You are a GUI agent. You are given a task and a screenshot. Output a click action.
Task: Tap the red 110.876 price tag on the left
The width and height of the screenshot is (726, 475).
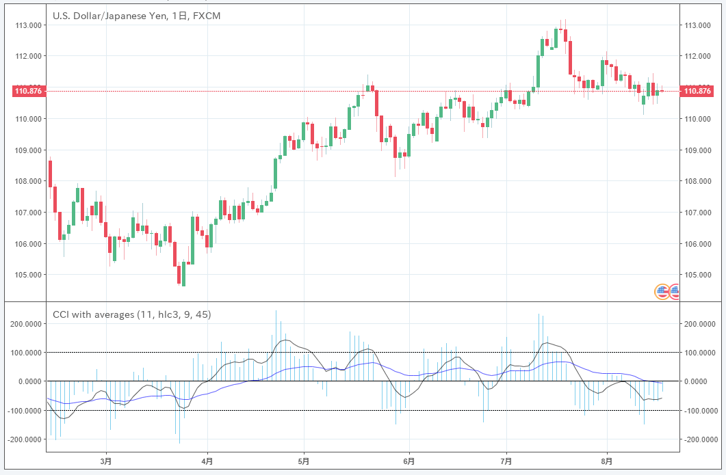click(x=28, y=91)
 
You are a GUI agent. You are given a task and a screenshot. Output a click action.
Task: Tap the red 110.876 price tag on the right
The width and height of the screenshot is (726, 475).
click(x=697, y=91)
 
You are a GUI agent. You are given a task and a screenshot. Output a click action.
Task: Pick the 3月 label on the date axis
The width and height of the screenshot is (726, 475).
click(x=105, y=461)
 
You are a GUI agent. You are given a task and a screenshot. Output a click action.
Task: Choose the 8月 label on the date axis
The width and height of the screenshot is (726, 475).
click(x=606, y=461)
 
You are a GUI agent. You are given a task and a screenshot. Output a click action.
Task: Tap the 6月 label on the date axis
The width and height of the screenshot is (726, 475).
click(x=409, y=461)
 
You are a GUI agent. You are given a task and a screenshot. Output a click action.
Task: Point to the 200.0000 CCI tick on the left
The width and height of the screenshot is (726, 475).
click(x=25, y=324)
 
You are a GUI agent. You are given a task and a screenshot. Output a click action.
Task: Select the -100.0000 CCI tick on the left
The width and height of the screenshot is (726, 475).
click(x=25, y=411)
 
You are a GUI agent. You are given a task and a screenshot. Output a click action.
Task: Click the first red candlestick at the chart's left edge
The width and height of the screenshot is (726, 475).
click(x=51, y=174)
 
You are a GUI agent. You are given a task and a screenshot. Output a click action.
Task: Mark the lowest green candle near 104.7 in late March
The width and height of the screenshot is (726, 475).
click(x=183, y=274)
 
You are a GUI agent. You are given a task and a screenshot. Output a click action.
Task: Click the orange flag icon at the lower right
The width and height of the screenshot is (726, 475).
click(x=662, y=292)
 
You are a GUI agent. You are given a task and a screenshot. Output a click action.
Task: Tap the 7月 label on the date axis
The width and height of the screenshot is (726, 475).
click(x=506, y=461)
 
